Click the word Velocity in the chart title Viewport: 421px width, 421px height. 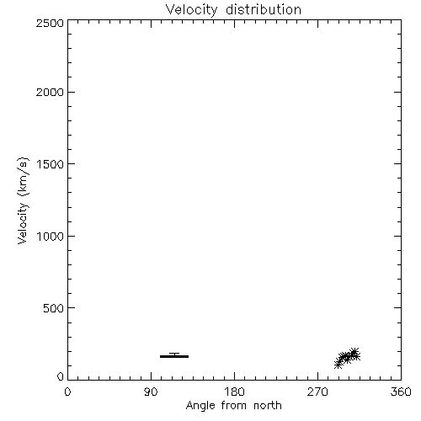click(x=191, y=10)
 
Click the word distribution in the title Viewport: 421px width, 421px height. click(x=264, y=9)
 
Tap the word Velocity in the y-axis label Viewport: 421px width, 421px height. click(x=23, y=223)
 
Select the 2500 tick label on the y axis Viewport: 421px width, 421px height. click(x=50, y=23)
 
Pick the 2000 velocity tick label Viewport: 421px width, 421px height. click(x=50, y=92)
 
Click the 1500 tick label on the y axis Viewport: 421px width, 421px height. click(x=51, y=164)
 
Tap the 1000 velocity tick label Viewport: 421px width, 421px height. click(x=51, y=236)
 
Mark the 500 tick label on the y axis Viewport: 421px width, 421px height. click(x=53, y=308)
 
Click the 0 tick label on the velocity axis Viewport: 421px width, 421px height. click(x=61, y=376)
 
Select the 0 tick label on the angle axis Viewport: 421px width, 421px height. click(x=67, y=392)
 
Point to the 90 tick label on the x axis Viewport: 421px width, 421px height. click(x=151, y=392)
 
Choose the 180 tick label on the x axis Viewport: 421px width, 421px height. click(x=234, y=392)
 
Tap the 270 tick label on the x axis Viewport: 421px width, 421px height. click(x=317, y=392)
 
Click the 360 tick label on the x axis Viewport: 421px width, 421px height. click(x=401, y=392)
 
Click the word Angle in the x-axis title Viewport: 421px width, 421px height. click(x=200, y=406)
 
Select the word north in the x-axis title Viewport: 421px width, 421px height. click(x=268, y=405)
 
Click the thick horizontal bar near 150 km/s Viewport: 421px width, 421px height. click(x=174, y=356)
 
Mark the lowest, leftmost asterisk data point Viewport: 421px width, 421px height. click(x=338, y=365)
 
